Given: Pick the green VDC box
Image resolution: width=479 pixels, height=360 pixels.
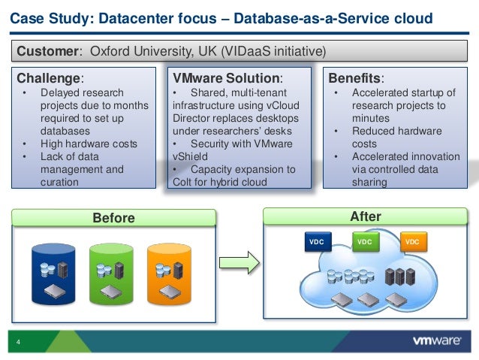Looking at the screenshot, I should [363, 242].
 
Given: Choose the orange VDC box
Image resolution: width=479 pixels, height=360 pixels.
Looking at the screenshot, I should [412, 242].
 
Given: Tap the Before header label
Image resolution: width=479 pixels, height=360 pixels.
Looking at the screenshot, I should [113, 218].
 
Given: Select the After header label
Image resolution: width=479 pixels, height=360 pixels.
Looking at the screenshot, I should [366, 216].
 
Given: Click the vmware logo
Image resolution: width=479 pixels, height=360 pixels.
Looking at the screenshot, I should [436, 340].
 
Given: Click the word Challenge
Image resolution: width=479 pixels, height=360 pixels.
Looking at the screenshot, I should [49, 78].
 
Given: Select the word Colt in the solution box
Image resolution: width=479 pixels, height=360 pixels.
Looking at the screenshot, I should [185, 181].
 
